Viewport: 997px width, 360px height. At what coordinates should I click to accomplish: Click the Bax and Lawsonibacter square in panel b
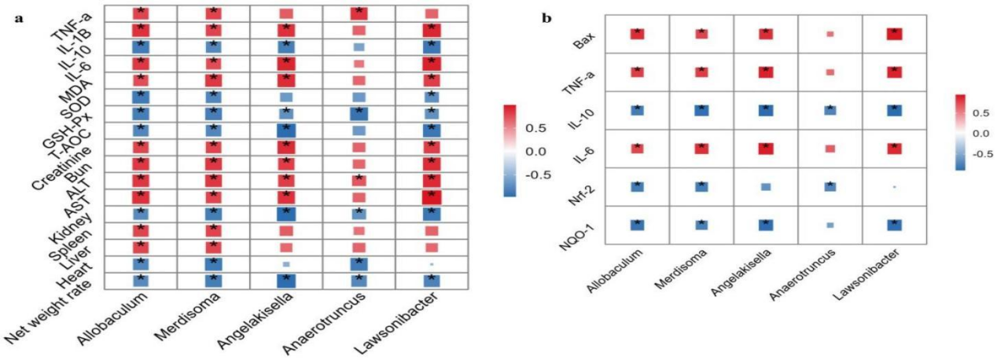(x=894, y=34)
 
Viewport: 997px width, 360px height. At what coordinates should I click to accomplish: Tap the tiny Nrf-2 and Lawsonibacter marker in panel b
(x=894, y=187)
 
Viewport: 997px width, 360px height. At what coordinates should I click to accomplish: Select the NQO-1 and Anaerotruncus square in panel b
(x=830, y=225)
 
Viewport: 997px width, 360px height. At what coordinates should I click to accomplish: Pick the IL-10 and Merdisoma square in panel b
(x=702, y=110)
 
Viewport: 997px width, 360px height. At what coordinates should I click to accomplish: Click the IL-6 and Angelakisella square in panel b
(x=766, y=149)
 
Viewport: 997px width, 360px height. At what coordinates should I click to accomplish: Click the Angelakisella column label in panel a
(x=255, y=325)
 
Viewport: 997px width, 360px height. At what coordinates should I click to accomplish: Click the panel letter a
(x=19, y=19)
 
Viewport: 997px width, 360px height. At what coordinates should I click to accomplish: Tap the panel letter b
(x=547, y=18)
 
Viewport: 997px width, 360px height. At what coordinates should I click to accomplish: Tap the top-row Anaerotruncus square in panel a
(x=359, y=13)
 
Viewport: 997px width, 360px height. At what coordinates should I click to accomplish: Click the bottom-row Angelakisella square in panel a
(x=286, y=281)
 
